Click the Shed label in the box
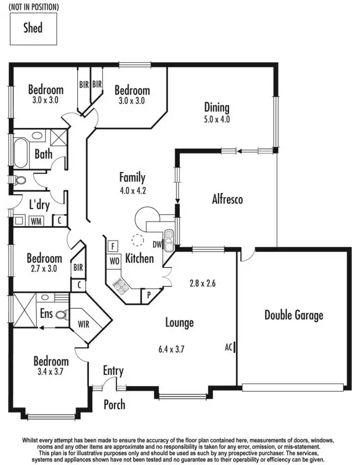(x=33, y=27)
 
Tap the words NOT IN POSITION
(x=34, y=7)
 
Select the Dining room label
(x=216, y=108)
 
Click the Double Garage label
(x=294, y=316)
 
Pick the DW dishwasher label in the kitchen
(x=157, y=245)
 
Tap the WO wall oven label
(x=114, y=261)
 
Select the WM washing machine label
(x=36, y=221)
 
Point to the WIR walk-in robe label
(x=84, y=324)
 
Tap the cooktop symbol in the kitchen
(x=120, y=285)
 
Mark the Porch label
(x=114, y=405)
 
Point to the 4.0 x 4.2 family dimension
(x=132, y=189)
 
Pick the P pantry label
(x=149, y=295)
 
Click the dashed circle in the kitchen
(x=138, y=239)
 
